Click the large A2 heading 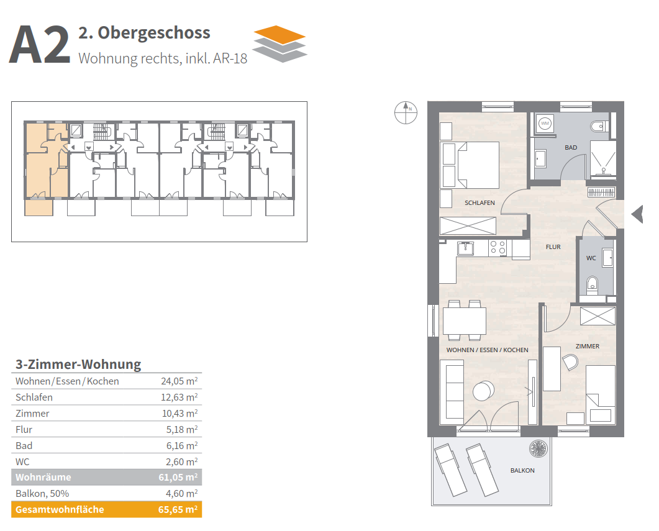click(x=40, y=45)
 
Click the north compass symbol click(x=406, y=112)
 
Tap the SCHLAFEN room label click(x=479, y=203)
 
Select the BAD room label click(x=571, y=147)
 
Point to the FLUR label click(x=553, y=247)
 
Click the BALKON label click(x=522, y=471)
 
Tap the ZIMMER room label click(x=587, y=346)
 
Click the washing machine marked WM click(x=545, y=124)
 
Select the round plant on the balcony click(x=539, y=448)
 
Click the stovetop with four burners click(x=498, y=248)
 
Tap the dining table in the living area click(x=465, y=321)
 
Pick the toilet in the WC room click(x=592, y=285)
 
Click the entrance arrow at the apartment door click(x=637, y=214)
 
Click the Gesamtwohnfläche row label click(x=60, y=510)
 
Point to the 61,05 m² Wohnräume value click(x=178, y=477)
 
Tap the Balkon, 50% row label click(x=42, y=494)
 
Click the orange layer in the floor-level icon click(x=280, y=35)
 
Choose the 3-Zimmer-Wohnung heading click(x=78, y=364)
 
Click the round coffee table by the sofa click(x=483, y=391)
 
